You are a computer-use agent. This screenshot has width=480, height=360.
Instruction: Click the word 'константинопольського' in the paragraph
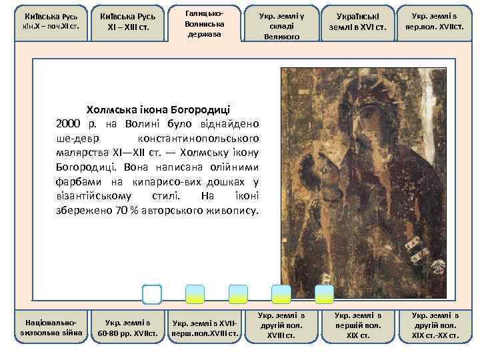[x=199, y=139]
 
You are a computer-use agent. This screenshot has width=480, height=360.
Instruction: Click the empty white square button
[x=152, y=294]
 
